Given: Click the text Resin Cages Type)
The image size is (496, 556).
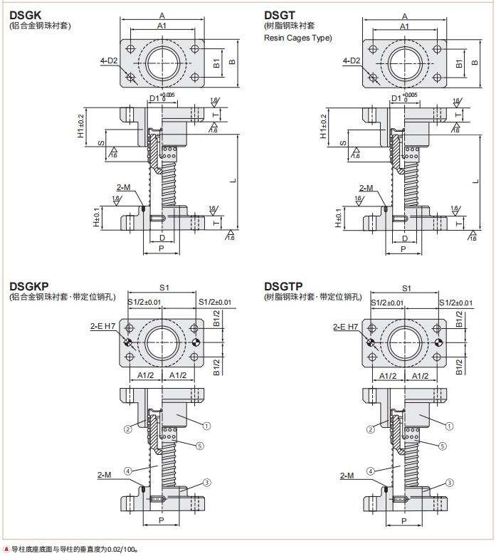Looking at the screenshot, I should click(x=297, y=38).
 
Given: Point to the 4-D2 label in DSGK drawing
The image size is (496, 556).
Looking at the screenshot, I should click(x=109, y=61).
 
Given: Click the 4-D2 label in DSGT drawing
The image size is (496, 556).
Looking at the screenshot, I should click(x=352, y=61).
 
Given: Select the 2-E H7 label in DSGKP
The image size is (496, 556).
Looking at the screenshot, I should click(x=102, y=326).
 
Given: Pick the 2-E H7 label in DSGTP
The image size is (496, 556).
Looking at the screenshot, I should click(x=346, y=327).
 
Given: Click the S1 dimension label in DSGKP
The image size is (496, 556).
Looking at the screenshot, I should click(x=163, y=288).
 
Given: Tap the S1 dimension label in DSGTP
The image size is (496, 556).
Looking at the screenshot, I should click(x=406, y=288).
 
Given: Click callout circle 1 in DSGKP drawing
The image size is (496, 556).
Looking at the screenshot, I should click(x=206, y=426).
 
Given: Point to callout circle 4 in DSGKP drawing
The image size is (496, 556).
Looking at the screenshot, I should click(x=127, y=471).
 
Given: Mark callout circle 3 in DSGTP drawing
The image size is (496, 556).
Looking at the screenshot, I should click(x=450, y=482).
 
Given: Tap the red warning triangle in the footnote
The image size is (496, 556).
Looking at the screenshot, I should click(x=6, y=549).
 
